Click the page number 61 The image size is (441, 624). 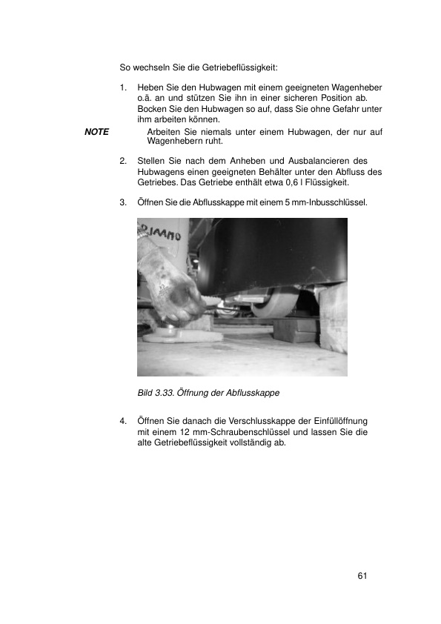[362, 576]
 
